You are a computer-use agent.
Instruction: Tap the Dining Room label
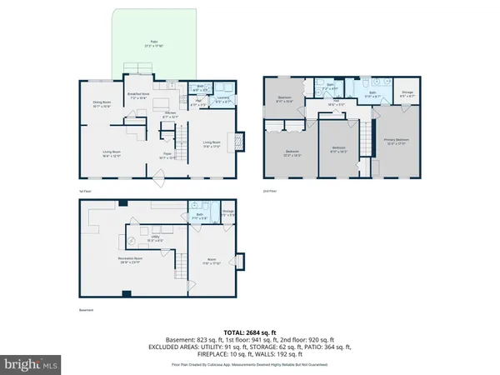pos(102,105)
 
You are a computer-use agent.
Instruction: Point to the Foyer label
pos(167,155)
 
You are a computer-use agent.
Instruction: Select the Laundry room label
pos(223,101)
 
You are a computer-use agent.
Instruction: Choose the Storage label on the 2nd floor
pos(407,94)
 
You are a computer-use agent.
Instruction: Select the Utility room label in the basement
pos(156,239)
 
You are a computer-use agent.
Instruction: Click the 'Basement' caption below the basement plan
pos(76,312)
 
